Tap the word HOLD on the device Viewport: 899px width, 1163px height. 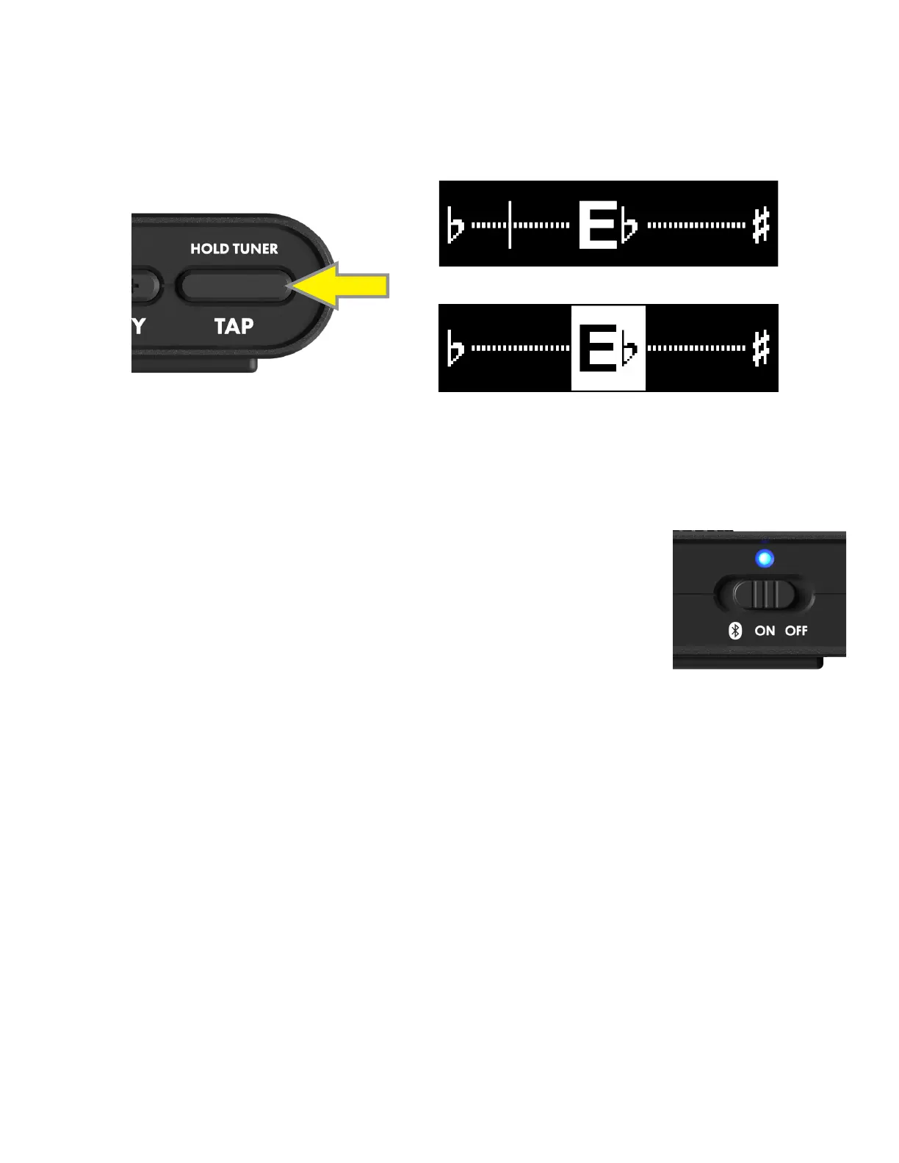209,249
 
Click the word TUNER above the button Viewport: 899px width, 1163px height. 255,249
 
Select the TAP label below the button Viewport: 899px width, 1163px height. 234,326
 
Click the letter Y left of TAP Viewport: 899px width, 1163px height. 139,326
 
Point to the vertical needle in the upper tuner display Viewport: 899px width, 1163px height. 510,224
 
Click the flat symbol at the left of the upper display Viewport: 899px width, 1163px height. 455,225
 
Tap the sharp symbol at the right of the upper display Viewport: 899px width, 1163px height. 761,225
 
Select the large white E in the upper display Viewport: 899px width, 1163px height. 598,225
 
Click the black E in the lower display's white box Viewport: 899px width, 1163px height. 598,348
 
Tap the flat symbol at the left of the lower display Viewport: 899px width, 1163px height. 455,348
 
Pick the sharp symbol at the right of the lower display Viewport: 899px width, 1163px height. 761,348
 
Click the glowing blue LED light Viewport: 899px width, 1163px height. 765,559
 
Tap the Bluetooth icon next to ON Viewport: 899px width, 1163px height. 734,631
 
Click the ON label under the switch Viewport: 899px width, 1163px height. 765,631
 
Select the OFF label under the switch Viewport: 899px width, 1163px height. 796,631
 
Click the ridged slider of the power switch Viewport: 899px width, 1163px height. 765,594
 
